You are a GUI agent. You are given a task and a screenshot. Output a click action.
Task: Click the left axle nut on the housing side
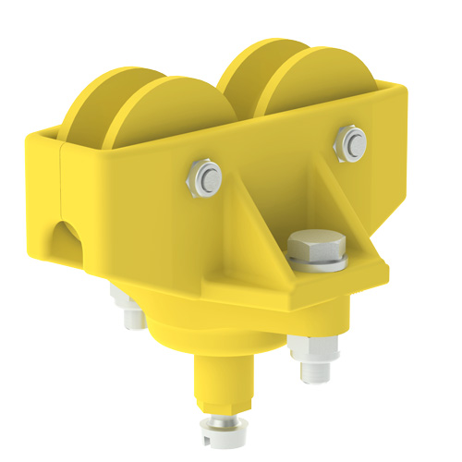point(204,177)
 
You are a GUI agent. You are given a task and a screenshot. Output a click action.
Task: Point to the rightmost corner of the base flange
point(386,269)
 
